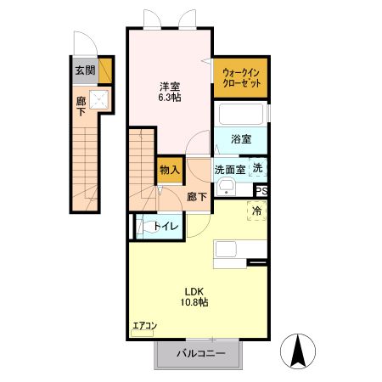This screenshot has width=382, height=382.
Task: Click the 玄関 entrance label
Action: click(x=84, y=70)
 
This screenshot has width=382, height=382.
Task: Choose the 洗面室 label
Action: click(x=229, y=169)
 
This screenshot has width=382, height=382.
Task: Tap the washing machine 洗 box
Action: click(x=258, y=168)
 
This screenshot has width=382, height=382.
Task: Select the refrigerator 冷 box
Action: click(x=255, y=210)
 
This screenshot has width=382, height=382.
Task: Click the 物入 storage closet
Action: click(x=170, y=170)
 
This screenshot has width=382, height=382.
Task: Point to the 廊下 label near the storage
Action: click(x=196, y=194)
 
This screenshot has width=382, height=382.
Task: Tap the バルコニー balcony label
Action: click(x=200, y=353)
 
